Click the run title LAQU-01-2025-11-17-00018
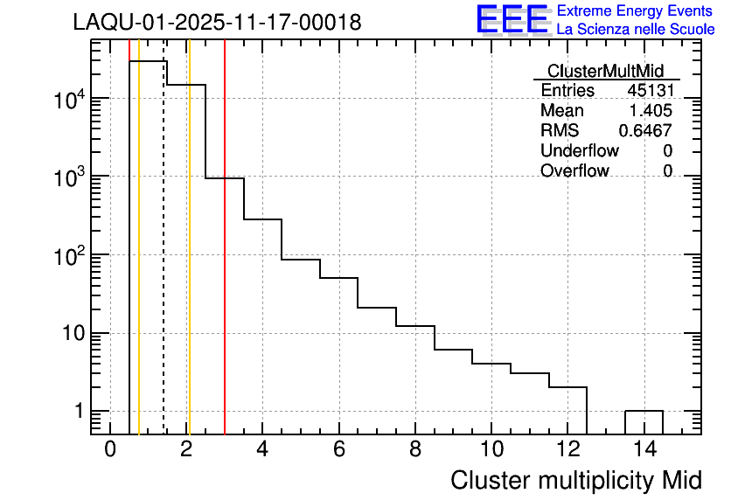217,23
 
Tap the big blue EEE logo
512,19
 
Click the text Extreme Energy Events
636,11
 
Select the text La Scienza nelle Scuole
636,30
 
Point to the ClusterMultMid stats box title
605,71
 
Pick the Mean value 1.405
651,111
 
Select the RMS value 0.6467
645,131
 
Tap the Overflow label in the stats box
574,171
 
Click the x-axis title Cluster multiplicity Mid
575,480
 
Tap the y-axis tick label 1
79,411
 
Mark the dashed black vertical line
164,262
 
